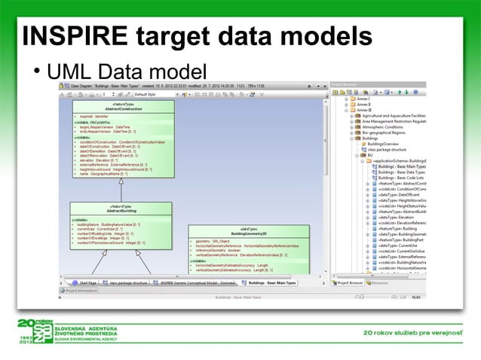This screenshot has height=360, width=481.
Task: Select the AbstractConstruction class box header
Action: coord(124,108)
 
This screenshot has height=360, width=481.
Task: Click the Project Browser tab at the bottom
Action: coord(350,282)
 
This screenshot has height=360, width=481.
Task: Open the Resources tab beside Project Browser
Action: coord(379,282)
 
